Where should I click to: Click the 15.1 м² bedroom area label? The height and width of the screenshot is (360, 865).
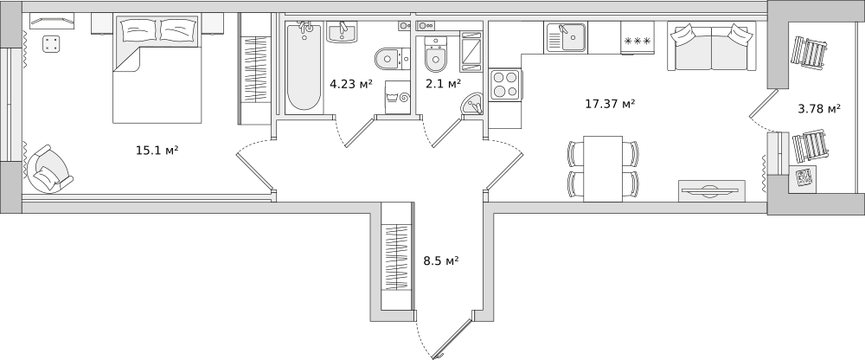coord(157,150)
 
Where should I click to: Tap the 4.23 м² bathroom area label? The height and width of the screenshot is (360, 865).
coord(351,84)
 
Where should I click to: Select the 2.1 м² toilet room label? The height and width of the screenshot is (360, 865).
coord(443,83)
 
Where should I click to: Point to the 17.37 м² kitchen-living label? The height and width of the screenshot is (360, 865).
coord(610,103)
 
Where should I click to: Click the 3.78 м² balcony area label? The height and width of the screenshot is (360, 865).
coord(819,108)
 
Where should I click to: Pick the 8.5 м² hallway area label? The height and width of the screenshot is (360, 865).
coord(441,260)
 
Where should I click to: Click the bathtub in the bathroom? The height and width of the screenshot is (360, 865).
coord(304,67)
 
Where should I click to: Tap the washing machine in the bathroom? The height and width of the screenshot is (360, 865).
coord(398,97)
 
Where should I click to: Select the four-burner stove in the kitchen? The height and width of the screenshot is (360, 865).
coord(506,85)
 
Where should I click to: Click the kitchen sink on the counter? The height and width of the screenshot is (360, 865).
coord(566,37)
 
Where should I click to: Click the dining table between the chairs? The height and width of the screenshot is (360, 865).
coord(603,169)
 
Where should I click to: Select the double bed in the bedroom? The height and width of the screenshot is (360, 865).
coord(157,69)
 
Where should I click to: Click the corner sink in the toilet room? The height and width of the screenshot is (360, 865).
coord(472,104)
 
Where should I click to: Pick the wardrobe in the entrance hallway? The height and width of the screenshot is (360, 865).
coord(397,256)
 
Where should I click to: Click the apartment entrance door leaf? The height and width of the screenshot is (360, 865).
coord(455,337)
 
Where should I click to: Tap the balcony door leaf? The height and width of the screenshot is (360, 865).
coord(760,103)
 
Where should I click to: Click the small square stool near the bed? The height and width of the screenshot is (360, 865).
coord(51,43)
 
